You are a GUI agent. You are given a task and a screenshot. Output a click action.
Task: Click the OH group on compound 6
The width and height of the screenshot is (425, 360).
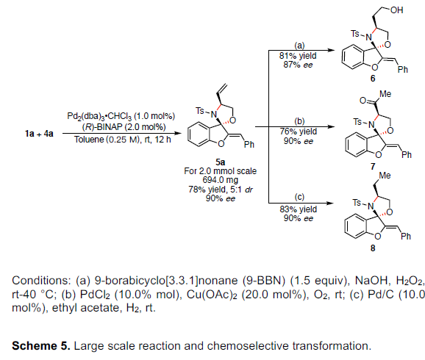(396, 10)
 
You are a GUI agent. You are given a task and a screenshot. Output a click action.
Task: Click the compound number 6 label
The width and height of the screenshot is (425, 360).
(373, 79)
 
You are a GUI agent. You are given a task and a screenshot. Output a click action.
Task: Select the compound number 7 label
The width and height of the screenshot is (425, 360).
(374, 166)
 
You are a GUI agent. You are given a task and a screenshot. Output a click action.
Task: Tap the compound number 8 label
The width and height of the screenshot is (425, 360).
(373, 248)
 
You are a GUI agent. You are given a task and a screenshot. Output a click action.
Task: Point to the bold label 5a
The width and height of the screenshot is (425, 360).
(220, 162)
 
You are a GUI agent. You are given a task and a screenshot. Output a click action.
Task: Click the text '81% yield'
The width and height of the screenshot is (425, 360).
(298, 56)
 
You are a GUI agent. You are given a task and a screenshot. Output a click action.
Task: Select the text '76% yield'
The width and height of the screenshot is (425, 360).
(298, 132)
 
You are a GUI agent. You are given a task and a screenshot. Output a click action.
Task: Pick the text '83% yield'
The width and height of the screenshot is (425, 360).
(298, 209)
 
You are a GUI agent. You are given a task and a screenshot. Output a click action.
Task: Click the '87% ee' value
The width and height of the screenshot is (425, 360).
(298, 65)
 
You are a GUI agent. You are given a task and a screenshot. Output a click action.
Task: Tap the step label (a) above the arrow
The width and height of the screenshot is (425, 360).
(299, 46)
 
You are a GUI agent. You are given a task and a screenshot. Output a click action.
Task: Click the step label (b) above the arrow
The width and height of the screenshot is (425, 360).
(299, 121)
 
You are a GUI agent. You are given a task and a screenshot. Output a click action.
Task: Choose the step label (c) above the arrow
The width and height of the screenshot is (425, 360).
(299, 197)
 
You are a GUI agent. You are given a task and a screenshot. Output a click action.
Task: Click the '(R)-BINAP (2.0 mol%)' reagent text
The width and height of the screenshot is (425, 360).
(124, 127)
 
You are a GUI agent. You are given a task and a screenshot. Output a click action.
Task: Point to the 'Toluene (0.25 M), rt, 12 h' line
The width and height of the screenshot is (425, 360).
(123, 140)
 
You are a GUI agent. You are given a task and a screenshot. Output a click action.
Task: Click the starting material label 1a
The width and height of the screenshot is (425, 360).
(29, 134)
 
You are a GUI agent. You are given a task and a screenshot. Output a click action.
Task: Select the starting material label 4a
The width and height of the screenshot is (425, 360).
(49, 134)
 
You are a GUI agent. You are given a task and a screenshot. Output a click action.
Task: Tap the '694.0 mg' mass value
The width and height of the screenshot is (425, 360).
(221, 180)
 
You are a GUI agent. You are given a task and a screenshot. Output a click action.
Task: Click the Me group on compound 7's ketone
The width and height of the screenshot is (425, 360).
(385, 94)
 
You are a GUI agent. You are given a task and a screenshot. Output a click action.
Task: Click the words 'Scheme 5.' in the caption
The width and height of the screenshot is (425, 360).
(41, 346)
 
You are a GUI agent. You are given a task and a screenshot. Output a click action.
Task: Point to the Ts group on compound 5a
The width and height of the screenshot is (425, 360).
(200, 111)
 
